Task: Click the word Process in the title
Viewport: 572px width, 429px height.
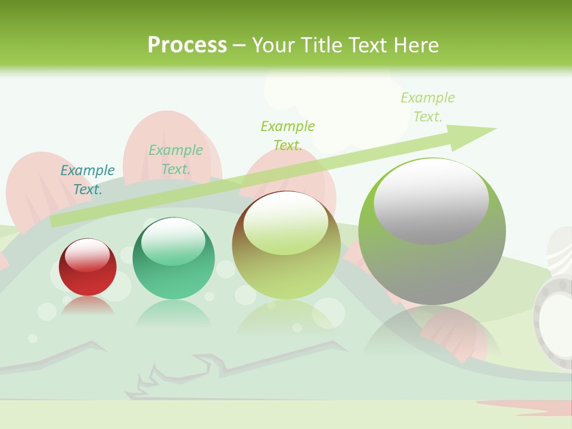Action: (187, 45)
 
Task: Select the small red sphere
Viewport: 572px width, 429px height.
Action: (88, 268)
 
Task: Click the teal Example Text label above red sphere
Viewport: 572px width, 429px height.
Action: (88, 180)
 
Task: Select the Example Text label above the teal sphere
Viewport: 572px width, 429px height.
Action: (176, 160)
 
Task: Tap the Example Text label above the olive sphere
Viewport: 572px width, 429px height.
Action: (288, 135)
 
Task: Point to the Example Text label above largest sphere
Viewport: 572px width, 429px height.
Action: (427, 107)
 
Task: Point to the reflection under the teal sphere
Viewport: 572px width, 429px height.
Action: (173, 313)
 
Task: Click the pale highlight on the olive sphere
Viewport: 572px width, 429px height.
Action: (285, 223)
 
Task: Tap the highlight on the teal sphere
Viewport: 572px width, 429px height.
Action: (173, 241)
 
